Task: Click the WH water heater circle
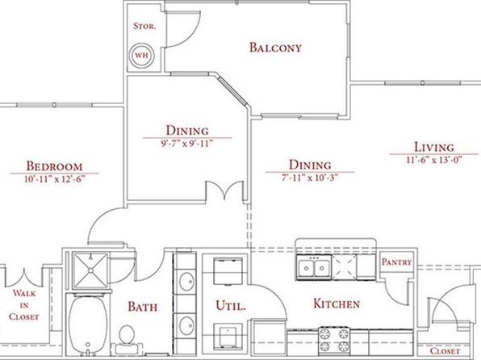(x=141, y=55)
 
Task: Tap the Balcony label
(x=275, y=48)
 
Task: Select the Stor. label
(x=144, y=26)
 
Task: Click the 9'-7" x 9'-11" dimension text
(x=187, y=144)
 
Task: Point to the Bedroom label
(x=54, y=166)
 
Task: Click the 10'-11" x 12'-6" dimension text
(x=54, y=179)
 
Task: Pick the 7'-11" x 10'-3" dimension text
(x=310, y=178)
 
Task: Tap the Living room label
(x=434, y=147)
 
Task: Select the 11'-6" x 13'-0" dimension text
(x=434, y=160)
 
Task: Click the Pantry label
(x=396, y=262)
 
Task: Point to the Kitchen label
(x=337, y=303)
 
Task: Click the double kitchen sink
(x=313, y=268)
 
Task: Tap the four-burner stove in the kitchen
(x=334, y=340)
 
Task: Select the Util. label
(x=231, y=306)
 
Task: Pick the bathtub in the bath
(x=88, y=325)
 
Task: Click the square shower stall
(x=90, y=270)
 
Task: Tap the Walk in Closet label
(x=24, y=305)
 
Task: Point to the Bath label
(x=143, y=307)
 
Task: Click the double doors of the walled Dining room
(x=225, y=190)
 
